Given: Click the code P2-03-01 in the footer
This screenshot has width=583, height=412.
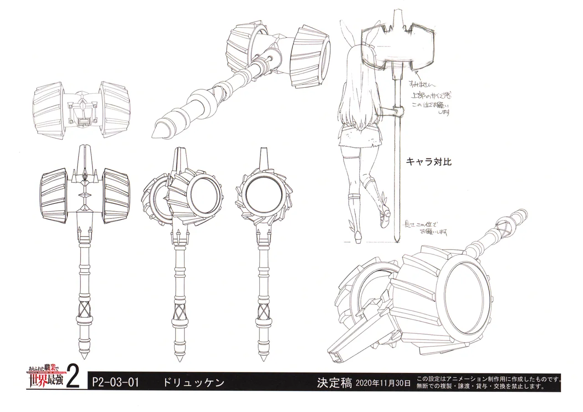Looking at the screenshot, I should point(115,381).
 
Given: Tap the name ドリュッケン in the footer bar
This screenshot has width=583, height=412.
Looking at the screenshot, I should point(194,382).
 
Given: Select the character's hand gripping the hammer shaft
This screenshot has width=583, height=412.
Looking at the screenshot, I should point(397,111).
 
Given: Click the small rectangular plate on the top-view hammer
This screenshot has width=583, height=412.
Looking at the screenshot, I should point(83,122).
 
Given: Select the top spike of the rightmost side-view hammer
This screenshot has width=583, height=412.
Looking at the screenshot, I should point(263,157).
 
